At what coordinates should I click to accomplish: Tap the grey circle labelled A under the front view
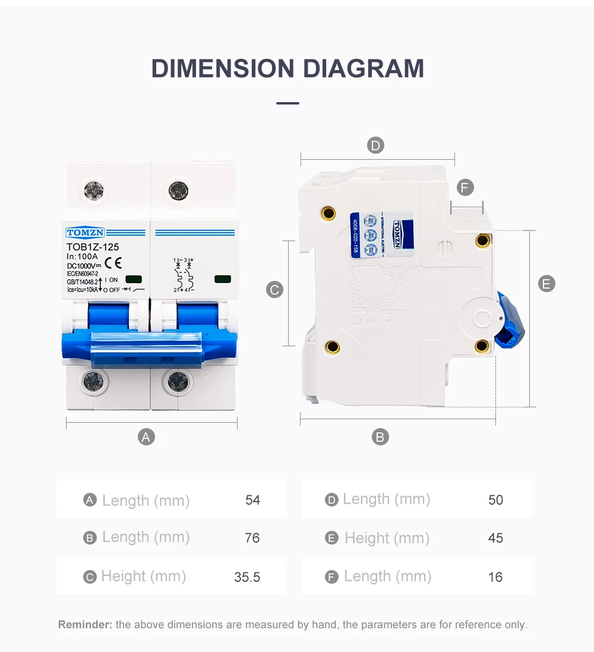tap(146, 437)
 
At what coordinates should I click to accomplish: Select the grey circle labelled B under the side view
tap(380, 437)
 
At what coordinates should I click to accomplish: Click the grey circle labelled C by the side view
tap(274, 290)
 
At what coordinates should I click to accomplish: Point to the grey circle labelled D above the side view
tap(375, 145)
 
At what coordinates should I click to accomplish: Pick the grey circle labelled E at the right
tap(546, 284)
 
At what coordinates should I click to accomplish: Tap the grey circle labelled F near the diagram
tap(465, 188)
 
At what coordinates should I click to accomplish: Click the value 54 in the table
tap(252, 500)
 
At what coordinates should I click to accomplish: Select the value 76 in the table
tap(252, 538)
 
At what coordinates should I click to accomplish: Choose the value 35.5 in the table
tap(247, 577)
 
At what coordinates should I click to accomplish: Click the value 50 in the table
tap(495, 500)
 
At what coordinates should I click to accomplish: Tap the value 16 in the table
tap(495, 577)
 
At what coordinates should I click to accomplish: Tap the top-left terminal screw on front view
tap(94, 190)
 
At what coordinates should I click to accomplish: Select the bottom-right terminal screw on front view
tap(177, 381)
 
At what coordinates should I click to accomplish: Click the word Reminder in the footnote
tap(85, 625)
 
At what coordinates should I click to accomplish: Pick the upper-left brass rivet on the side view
tap(328, 213)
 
